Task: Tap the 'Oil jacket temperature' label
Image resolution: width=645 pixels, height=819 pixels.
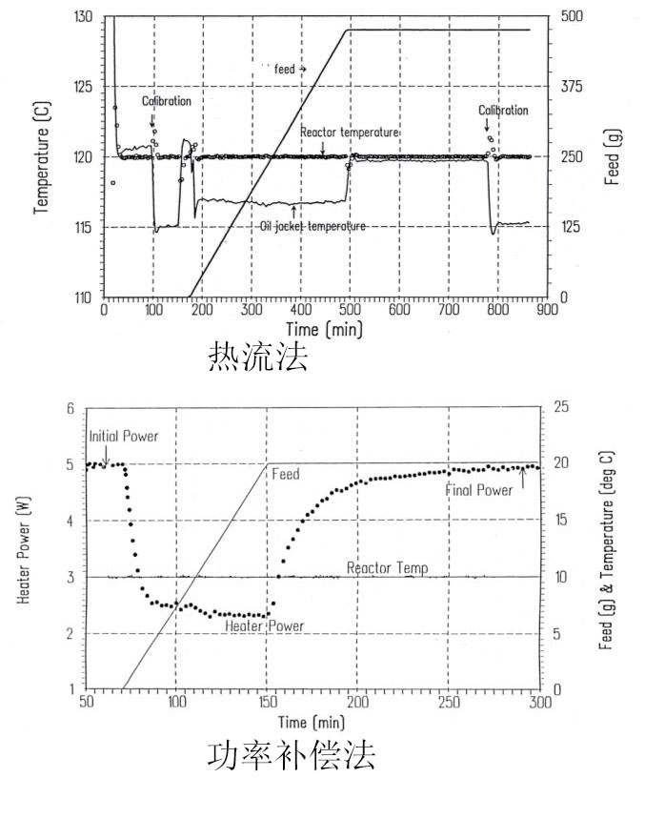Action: [313, 225]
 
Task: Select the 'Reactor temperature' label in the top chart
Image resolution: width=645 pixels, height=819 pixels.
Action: [349, 132]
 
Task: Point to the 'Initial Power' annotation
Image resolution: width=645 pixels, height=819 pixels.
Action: [124, 436]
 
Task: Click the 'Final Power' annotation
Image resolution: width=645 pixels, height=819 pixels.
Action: [478, 490]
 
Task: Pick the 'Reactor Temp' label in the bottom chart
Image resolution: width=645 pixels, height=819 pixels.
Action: [387, 567]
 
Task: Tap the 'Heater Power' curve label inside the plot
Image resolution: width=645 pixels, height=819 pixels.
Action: [264, 626]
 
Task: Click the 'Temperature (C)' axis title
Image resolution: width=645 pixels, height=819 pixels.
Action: [43, 156]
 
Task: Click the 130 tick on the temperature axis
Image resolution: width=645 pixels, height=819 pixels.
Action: [84, 17]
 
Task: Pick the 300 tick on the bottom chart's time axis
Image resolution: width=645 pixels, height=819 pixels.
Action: [538, 704]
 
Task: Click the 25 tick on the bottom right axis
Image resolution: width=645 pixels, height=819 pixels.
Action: [562, 408]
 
